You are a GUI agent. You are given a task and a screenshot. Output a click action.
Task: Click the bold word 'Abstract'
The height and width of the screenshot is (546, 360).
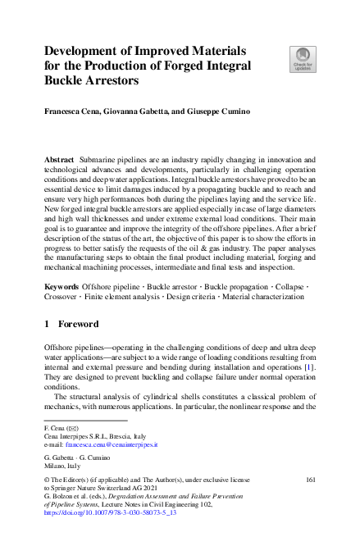[x=61, y=156]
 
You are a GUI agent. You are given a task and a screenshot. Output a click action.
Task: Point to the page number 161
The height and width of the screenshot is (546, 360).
[x=309, y=476]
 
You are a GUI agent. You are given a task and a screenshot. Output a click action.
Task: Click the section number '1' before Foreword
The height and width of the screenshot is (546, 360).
[x=47, y=324]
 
